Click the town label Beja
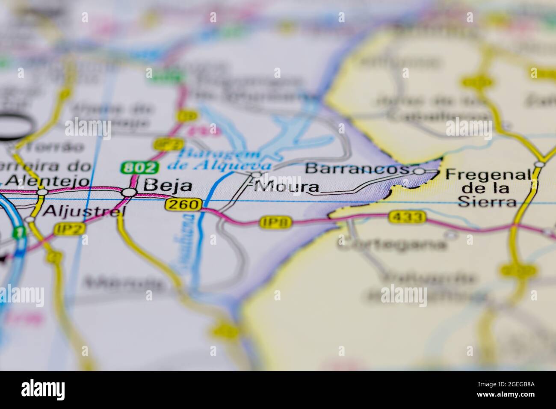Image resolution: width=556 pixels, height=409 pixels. (x=168, y=186)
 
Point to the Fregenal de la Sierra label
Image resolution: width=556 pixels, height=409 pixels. (x=488, y=188)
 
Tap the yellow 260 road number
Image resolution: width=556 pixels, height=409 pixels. (x=183, y=205)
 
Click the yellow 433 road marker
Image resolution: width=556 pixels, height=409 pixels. (x=408, y=217)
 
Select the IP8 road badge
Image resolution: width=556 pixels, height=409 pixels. (x=276, y=222)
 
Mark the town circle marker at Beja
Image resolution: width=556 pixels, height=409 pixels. (x=128, y=193)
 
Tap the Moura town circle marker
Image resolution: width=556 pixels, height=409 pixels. (x=256, y=175)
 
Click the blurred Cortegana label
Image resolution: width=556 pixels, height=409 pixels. (x=392, y=244)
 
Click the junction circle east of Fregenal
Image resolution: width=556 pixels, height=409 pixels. (x=540, y=164)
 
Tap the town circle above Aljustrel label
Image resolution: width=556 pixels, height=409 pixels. (x=42, y=192)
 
